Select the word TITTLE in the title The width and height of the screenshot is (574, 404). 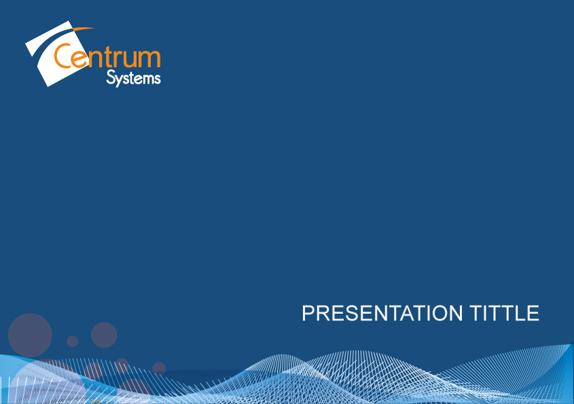[505, 313]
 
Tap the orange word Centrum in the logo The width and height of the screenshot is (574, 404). [107, 56]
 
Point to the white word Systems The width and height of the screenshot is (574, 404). [133, 78]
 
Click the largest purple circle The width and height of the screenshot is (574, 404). [30, 335]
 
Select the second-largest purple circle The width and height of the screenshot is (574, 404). [104, 335]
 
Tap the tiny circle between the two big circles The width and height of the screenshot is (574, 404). [73, 342]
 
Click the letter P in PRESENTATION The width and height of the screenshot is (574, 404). [308, 313]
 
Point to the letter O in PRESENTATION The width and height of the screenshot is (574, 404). [442, 313]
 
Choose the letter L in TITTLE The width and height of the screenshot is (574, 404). [520, 313]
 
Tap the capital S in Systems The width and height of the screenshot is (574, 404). [110, 77]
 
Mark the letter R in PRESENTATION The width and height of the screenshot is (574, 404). [323, 313]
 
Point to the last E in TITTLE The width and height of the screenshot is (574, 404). [534, 313]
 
